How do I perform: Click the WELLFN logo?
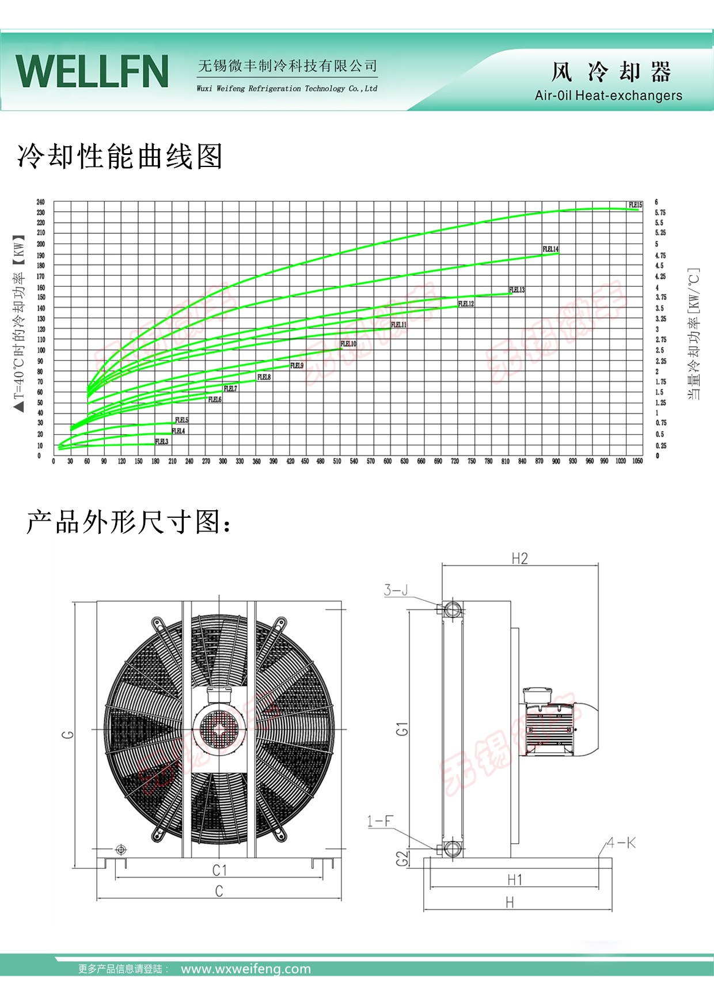point(92,71)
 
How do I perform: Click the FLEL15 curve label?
point(635,205)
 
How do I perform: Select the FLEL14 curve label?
point(550,249)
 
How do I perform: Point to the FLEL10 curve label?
point(348,344)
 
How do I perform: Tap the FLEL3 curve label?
point(162,442)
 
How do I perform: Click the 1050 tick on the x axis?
point(637,461)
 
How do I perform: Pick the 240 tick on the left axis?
point(40,202)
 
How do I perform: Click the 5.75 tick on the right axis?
point(660,213)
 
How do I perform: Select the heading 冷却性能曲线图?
point(120,157)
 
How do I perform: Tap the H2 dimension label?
point(519,558)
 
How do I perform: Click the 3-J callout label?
point(396,590)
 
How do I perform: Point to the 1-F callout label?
point(380,821)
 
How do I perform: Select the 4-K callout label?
point(621,843)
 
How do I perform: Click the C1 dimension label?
point(219,870)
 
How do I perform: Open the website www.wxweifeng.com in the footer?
point(246,969)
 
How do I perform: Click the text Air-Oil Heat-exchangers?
point(608,96)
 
